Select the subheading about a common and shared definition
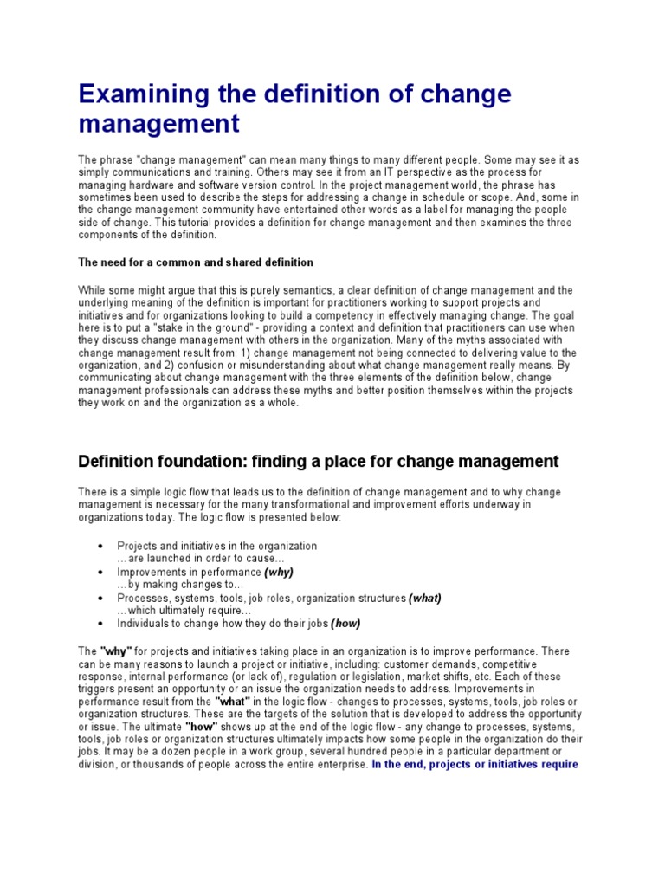(x=196, y=262)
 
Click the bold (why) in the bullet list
(x=280, y=573)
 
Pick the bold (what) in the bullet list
(x=425, y=598)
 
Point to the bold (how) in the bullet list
(x=345, y=623)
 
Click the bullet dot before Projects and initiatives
(x=102, y=547)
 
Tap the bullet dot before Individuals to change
(x=102, y=624)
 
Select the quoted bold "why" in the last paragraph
(x=116, y=650)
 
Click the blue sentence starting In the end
(x=475, y=765)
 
